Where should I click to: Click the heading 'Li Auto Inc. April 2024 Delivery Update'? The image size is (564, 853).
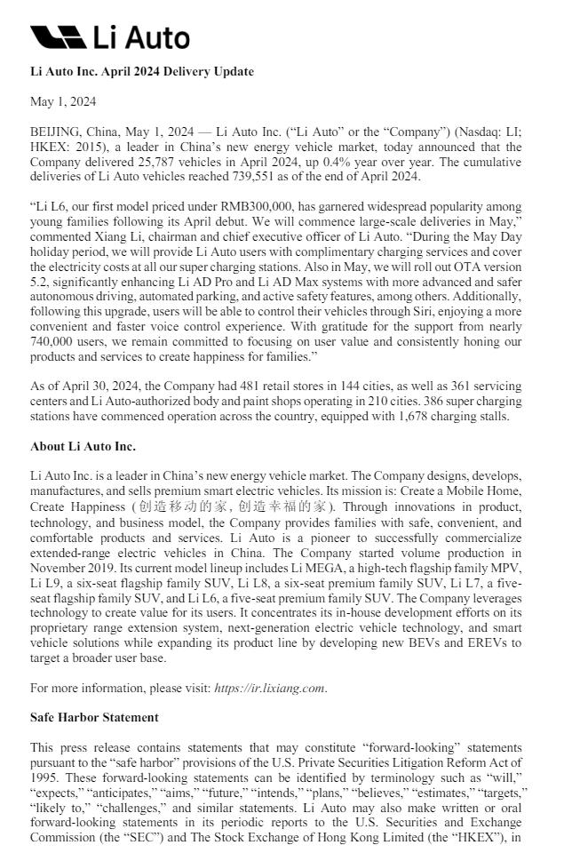[141, 71]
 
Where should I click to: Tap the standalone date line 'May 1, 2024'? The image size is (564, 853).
[63, 101]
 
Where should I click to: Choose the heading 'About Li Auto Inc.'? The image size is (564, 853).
[83, 446]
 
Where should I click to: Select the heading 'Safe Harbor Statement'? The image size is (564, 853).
[94, 717]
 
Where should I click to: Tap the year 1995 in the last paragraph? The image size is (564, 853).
[45, 777]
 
